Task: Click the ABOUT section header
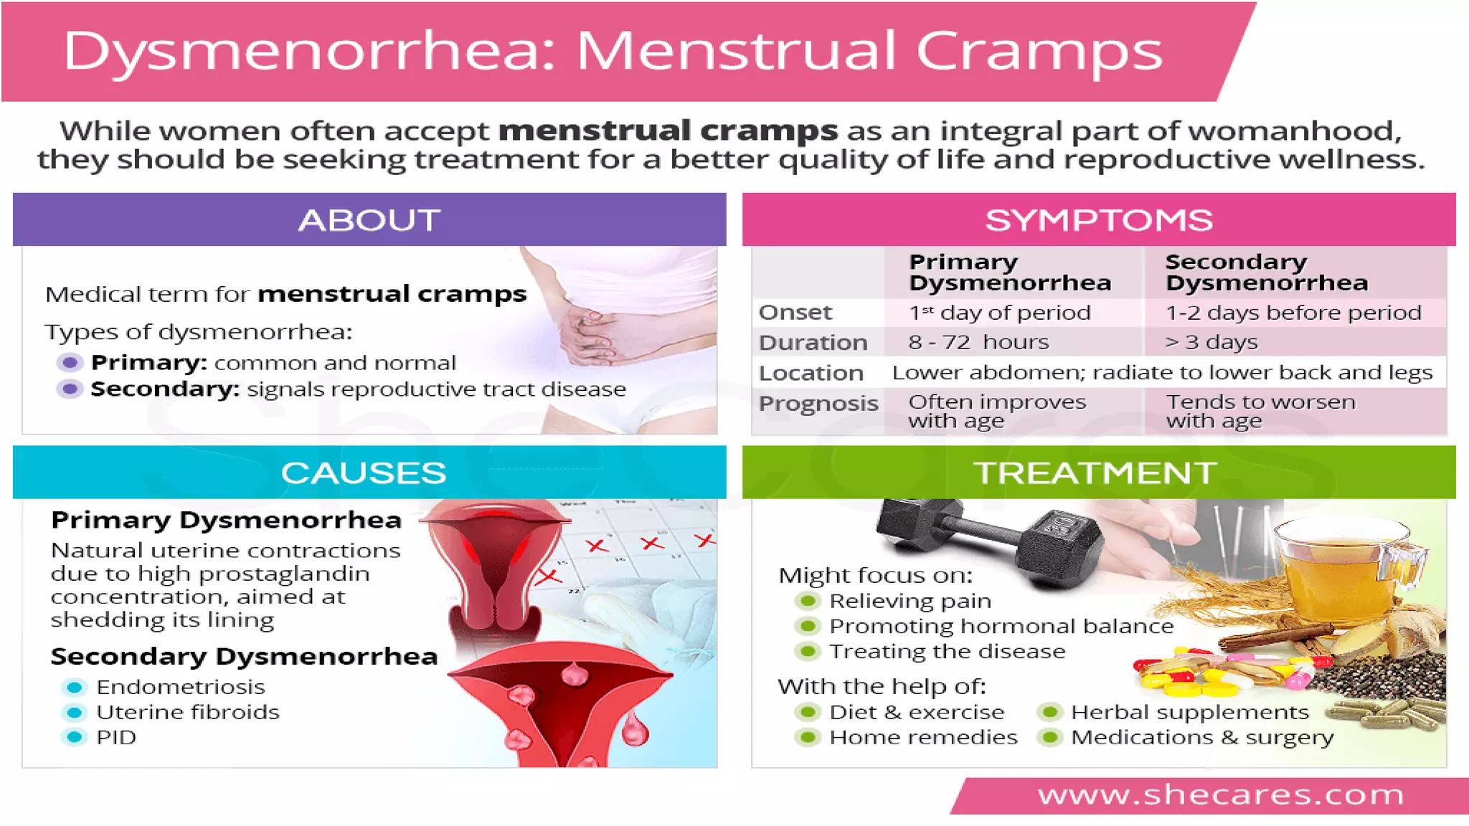click(x=369, y=219)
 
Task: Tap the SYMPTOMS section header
click(x=1098, y=219)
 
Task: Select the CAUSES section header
click(x=364, y=473)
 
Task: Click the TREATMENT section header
click(x=1095, y=473)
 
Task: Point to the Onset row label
click(x=795, y=312)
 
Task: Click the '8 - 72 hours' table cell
click(x=978, y=342)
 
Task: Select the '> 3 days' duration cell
click(x=1211, y=342)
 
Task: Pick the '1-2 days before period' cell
click(x=1293, y=312)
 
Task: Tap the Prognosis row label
click(x=818, y=403)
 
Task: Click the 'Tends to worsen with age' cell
click(x=1260, y=411)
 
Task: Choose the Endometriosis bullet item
click(x=180, y=687)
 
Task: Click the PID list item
click(x=116, y=737)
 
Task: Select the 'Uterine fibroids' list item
click(x=187, y=712)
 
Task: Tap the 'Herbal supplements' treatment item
click(x=1189, y=712)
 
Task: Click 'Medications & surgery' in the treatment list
click(x=1201, y=737)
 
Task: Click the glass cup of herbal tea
click(x=1334, y=574)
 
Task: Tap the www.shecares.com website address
click(x=1220, y=794)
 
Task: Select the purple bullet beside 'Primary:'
click(x=70, y=362)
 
